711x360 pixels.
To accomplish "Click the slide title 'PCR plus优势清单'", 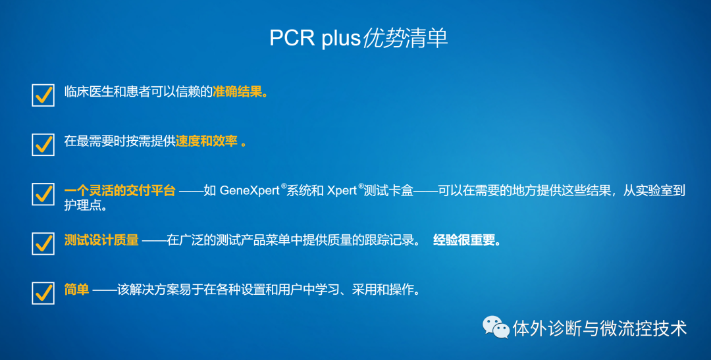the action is coord(358,38).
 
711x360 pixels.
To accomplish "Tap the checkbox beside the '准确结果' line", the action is coord(43,95).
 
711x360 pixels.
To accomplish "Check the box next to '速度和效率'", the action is coord(43,144).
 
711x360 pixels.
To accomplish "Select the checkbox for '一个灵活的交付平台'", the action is coord(43,194).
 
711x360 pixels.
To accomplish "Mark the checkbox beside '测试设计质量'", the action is coord(43,244).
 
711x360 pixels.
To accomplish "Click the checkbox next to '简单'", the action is coord(43,293).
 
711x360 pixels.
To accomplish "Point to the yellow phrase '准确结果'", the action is coord(238,92).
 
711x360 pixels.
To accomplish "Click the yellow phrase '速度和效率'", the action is coord(206,141).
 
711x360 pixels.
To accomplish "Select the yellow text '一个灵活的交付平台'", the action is coord(120,190).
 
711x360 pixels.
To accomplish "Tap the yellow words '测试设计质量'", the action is coord(101,240).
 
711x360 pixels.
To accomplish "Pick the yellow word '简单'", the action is coord(76,290).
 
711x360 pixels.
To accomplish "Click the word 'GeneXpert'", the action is coord(250,191).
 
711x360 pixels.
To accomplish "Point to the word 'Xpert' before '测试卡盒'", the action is coord(342,191).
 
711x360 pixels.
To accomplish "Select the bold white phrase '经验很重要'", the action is coord(464,240).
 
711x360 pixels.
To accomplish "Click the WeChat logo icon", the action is coord(496,327).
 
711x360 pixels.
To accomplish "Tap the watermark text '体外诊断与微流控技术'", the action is coord(600,328).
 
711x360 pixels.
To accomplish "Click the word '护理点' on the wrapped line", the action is coord(82,205).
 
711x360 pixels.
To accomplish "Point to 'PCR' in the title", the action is coord(292,38).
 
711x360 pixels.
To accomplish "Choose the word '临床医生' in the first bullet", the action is coord(88,92).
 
